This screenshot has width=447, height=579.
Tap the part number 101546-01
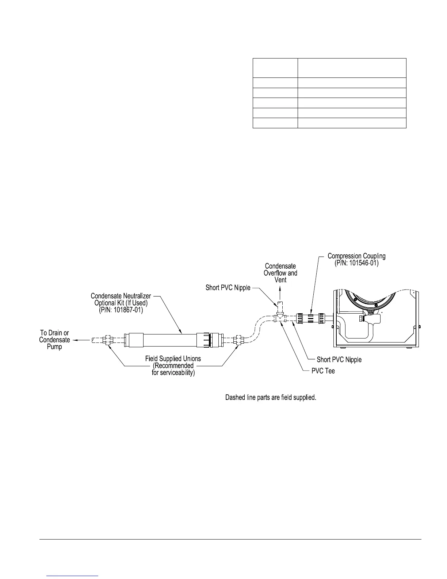[356, 263]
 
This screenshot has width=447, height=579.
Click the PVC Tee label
[323, 371]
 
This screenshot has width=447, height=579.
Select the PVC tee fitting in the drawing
[280, 317]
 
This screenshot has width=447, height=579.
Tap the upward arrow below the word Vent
[280, 291]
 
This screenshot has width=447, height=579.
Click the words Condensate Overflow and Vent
[280, 273]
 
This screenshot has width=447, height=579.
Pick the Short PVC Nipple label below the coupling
[339, 360]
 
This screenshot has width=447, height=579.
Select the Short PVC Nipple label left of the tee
[228, 288]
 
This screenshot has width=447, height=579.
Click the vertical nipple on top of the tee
[280, 306]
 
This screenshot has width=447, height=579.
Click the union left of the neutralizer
[108, 340]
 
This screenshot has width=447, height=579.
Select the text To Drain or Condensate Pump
[54, 340]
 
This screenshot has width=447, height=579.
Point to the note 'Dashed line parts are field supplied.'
[270, 397]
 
